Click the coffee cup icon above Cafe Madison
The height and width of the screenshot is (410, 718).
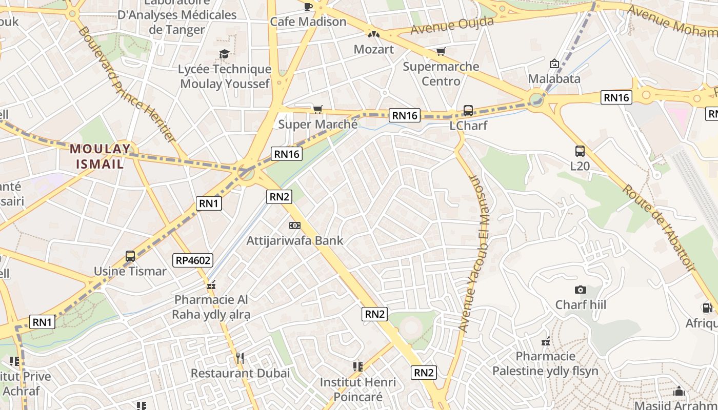[308, 7]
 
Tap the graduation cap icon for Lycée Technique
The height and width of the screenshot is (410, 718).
[224, 54]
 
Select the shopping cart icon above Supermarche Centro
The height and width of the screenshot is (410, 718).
[441, 51]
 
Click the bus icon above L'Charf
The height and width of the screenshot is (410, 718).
[468, 111]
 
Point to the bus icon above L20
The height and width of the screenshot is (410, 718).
[580, 151]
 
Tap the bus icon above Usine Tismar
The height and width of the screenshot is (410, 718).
[130, 256]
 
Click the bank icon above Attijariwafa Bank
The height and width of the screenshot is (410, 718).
[294, 225]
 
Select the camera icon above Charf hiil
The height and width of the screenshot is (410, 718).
[581, 290]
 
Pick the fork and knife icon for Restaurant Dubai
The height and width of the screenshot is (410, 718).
[240, 358]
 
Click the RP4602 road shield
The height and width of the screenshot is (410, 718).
[193, 260]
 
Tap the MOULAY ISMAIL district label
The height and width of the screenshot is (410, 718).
[101, 156]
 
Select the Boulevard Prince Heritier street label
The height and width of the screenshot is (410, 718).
[126, 85]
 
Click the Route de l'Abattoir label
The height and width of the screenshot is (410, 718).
[660, 228]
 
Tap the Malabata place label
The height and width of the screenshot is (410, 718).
[554, 79]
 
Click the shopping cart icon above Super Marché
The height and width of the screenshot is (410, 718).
[317, 109]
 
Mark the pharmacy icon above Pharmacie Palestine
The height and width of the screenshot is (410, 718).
[546, 341]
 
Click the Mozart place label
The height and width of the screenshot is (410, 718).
[374, 49]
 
